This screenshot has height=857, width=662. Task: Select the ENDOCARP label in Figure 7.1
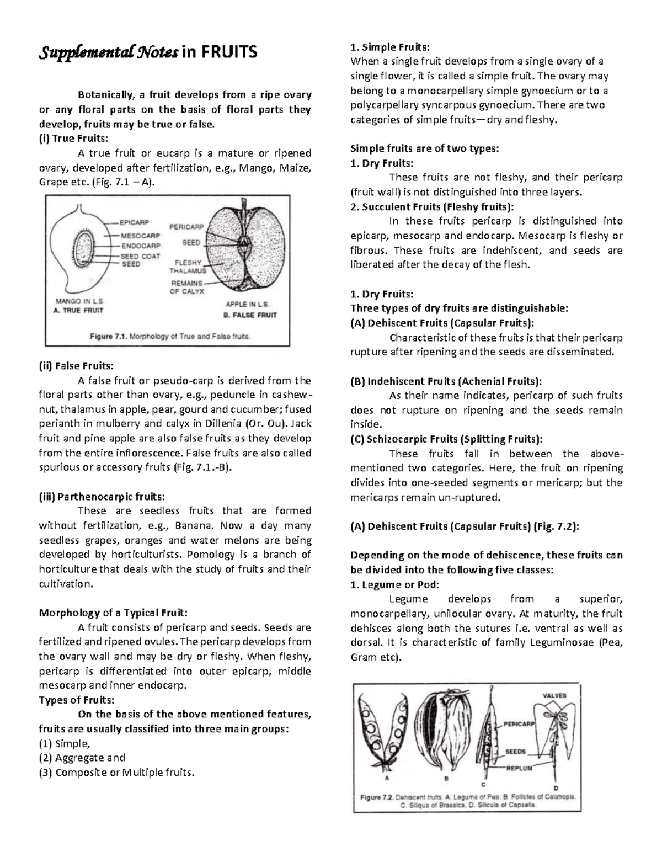(x=141, y=246)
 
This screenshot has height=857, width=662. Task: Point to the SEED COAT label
(x=141, y=256)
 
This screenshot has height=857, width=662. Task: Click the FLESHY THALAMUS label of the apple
(x=188, y=267)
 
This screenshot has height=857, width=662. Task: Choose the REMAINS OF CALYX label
(x=186, y=287)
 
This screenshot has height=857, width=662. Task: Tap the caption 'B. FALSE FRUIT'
(x=250, y=315)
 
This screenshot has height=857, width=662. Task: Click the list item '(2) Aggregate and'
(x=82, y=758)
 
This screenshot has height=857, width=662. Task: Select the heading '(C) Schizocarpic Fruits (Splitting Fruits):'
(x=446, y=439)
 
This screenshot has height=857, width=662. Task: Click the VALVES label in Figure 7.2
(x=554, y=696)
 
